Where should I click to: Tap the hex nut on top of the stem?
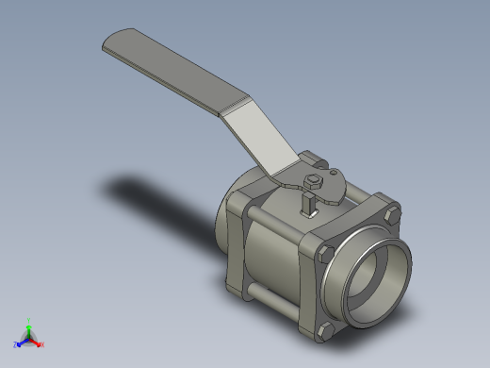click(315, 179)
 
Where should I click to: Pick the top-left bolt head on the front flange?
click(325, 253)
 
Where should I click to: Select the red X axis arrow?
click(40, 344)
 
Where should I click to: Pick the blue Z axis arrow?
click(19, 343)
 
